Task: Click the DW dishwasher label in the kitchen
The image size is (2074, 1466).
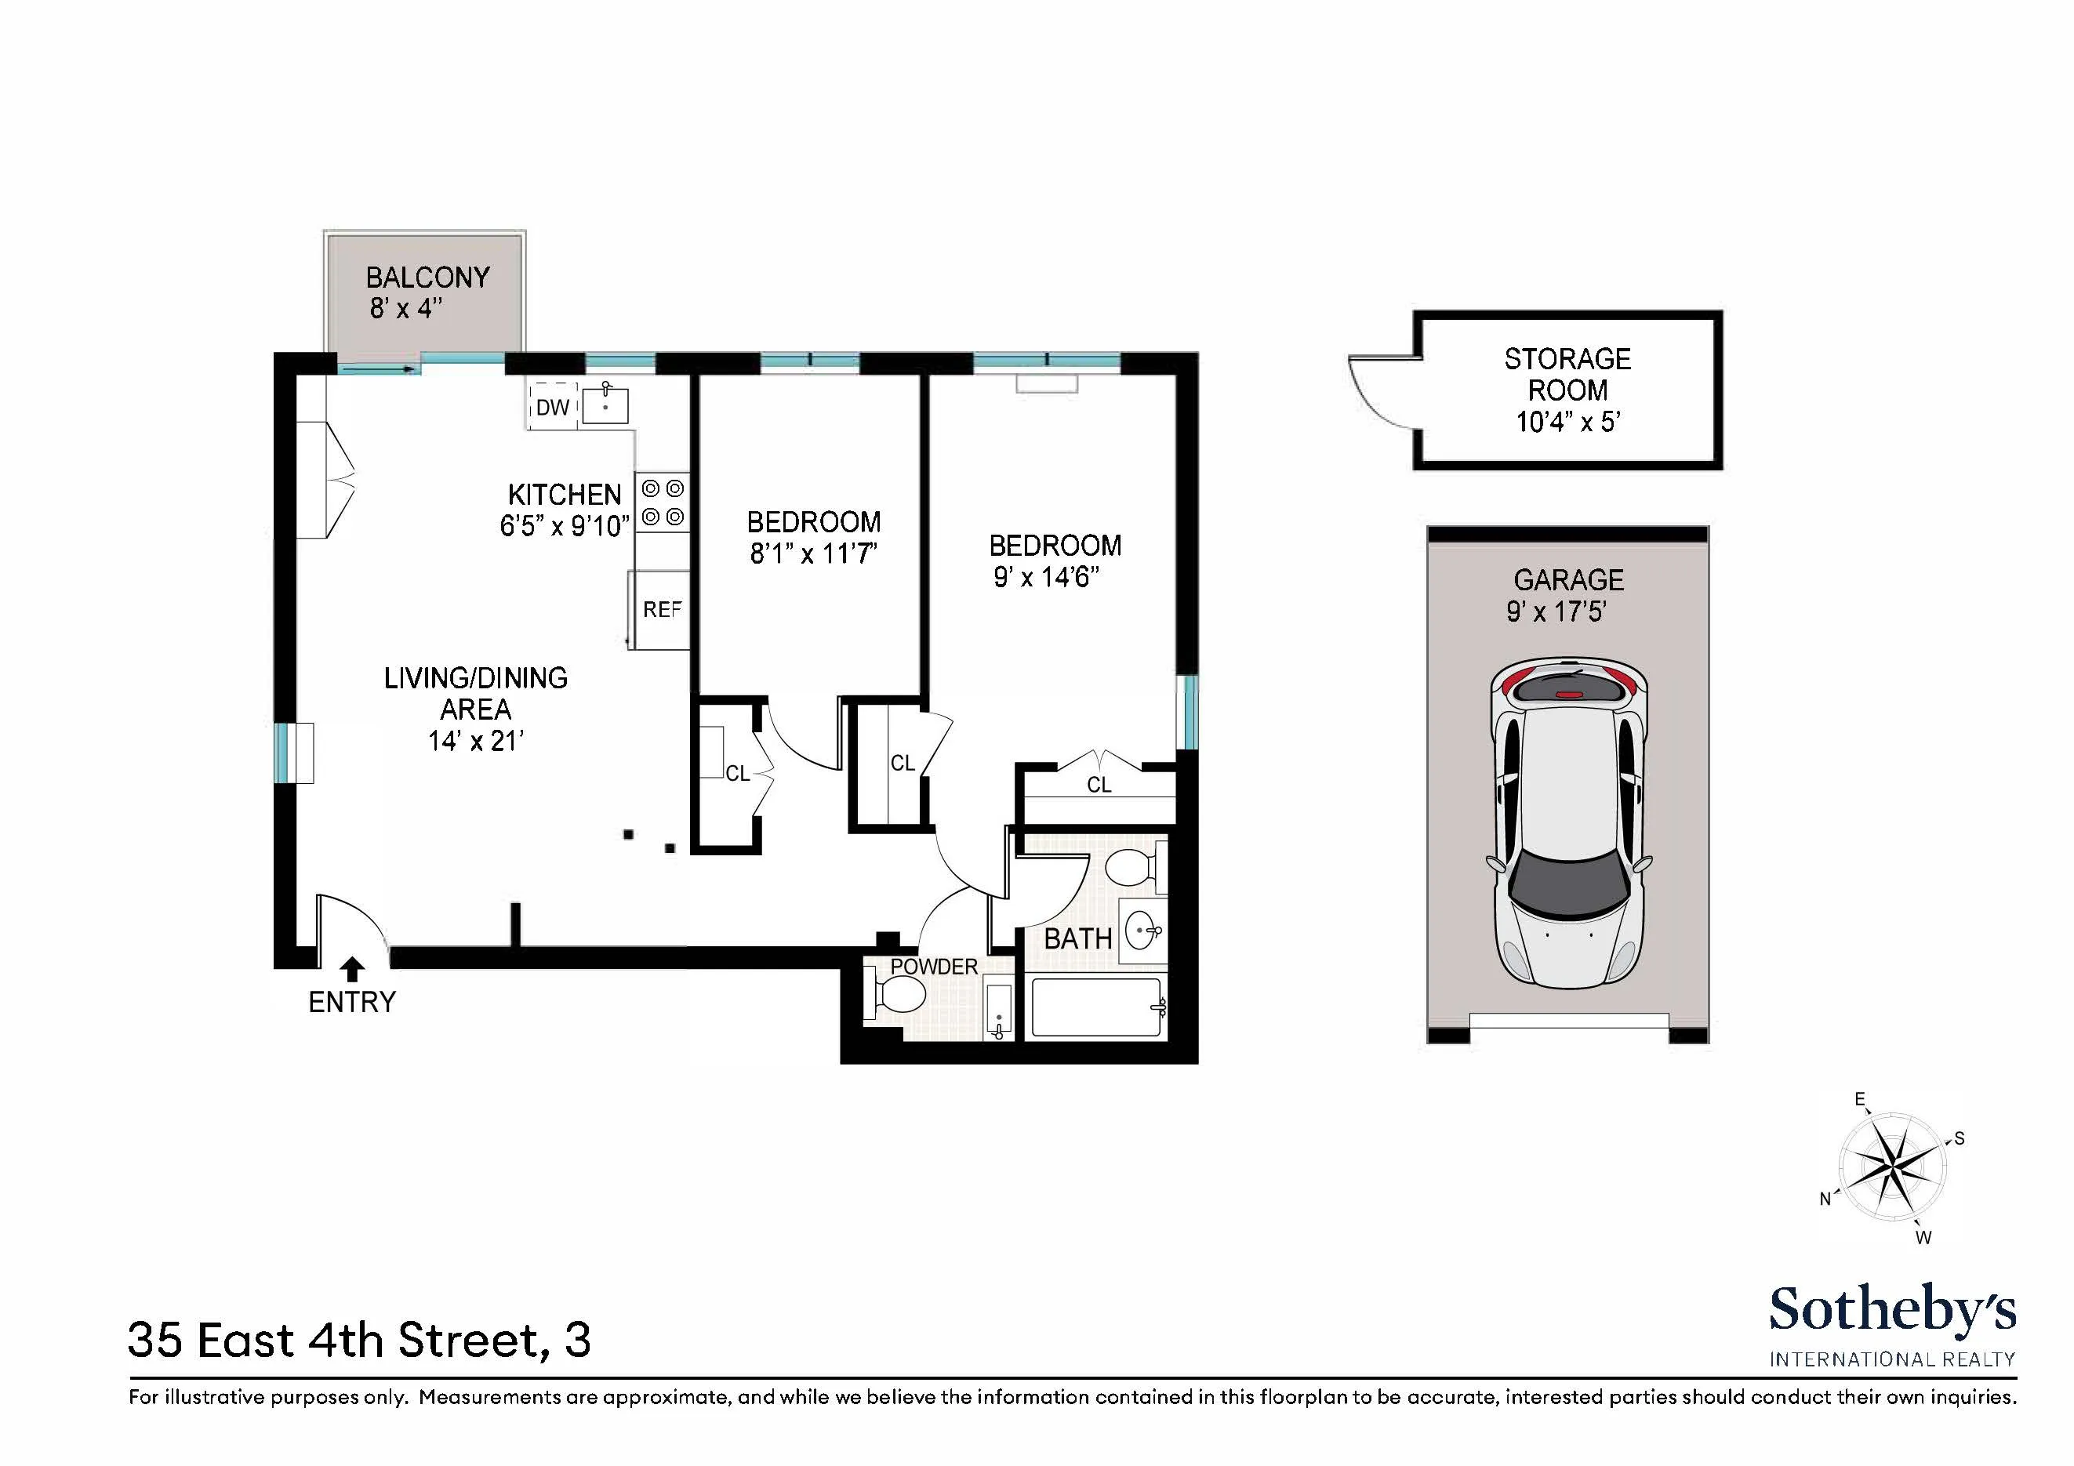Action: (x=552, y=408)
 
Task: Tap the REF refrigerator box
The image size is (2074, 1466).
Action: (x=661, y=610)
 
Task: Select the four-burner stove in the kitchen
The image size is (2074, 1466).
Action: (x=662, y=503)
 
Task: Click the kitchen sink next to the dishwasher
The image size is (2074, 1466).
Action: (x=605, y=404)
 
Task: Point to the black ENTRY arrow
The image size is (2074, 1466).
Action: (x=352, y=969)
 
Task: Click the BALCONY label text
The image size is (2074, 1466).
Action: (x=427, y=278)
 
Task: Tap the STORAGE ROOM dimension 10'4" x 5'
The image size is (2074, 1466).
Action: (x=1568, y=422)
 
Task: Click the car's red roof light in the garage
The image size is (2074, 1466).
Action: (x=1569, y=694)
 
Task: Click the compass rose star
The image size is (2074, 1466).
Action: (x=1891, y=1168)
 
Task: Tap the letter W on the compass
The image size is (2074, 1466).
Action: (x=1923, y=1237)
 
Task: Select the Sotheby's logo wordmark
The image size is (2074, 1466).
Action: (x=1891, y=1310)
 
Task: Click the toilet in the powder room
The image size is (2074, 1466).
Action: (x=899, y=996)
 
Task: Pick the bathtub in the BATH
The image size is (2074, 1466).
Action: (x=1095, y=1008)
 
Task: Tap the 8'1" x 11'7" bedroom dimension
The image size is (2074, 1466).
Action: (x=813, y=553)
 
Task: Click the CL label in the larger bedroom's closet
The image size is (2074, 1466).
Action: (x=1099, y=785)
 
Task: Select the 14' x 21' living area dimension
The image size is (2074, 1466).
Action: (x=476, y=741)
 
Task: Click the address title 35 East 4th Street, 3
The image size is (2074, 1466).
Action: (x=359, y=1341)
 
